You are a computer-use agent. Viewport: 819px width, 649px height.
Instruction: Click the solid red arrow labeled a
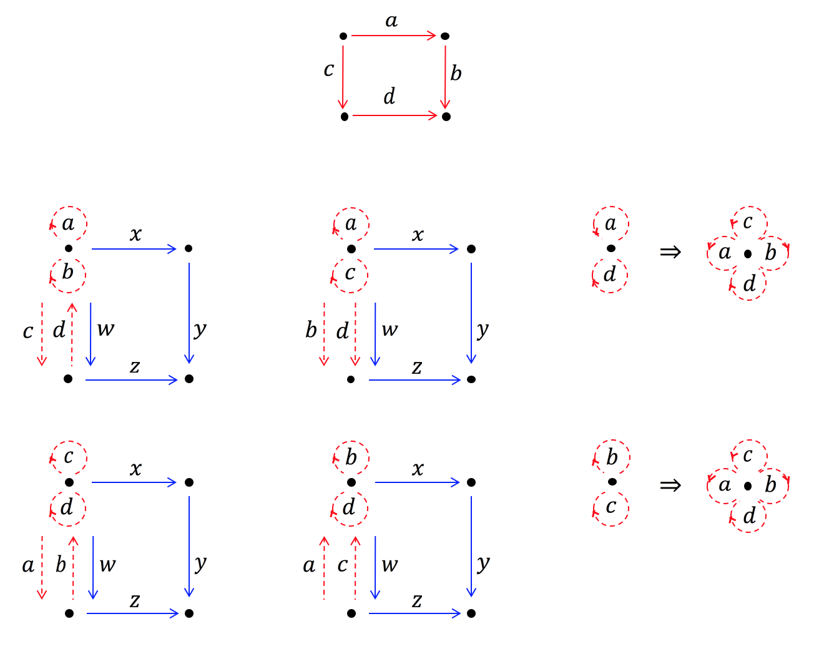tap(393, 36)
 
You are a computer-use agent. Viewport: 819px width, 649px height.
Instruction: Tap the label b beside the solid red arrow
tap(456, 74)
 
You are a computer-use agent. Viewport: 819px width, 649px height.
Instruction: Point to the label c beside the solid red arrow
tap(329, 70)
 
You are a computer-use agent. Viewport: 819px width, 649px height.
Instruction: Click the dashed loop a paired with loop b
tap(69, 223)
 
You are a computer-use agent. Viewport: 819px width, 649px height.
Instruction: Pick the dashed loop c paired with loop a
tap(350, 275)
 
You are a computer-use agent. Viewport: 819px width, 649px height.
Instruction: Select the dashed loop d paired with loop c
tap(67, 507)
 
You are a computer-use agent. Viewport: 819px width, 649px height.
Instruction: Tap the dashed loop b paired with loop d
tap(351, 457)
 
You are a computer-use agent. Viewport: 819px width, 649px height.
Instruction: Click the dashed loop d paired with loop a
tap(610, 275)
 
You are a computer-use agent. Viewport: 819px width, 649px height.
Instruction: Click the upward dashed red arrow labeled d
tap(72, 334)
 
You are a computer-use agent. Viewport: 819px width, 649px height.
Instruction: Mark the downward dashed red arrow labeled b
tap(324, 334)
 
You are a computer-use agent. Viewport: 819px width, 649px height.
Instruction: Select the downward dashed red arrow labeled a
tap(42, 567)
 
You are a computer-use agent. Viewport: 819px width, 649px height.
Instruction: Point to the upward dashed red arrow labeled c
tap(355, 567)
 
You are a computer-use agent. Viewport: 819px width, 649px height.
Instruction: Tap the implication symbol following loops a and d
tap(670, 252)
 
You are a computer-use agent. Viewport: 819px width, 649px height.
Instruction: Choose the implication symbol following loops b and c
tap(670, 485)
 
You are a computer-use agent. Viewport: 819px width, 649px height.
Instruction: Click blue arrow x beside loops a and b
tap(134, 249)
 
